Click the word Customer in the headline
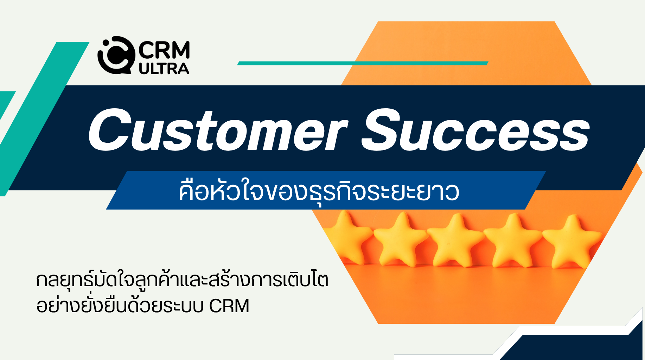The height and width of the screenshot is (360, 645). [218, 130]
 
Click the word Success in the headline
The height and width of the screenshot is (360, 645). [475, 130]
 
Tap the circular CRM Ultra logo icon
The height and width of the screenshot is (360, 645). [116, 56]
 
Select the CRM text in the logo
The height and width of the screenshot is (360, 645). [164, 50]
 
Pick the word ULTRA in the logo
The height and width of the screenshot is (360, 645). [164, 69]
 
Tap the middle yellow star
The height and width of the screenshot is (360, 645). [456, 240]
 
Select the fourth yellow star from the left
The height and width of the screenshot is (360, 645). [512, 240]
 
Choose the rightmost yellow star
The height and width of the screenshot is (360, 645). [572, 241]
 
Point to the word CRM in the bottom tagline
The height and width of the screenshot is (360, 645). [229, 306]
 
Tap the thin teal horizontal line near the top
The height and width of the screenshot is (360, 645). [363, 63]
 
